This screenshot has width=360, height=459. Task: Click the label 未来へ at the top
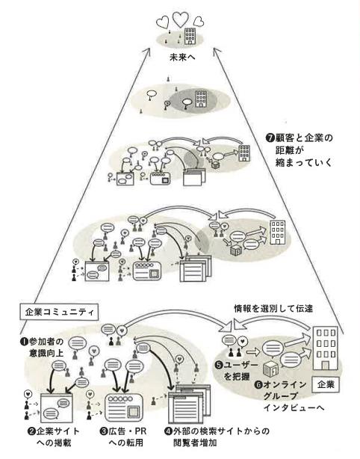tap(182, 57)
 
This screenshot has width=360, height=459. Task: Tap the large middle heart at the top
tap(181, 19)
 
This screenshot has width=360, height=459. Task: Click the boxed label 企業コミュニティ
tap(59, 312)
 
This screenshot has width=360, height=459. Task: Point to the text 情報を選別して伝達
tap(273, 309)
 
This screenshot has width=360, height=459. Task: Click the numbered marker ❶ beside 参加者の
tap(24, 342)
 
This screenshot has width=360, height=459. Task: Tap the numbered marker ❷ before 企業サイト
tap(31, 431)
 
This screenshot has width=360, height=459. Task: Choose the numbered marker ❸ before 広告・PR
tap(104, 431)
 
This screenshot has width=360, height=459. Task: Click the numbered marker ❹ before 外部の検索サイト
tap(169, 431)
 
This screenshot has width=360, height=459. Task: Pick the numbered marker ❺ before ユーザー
tap(219, 365)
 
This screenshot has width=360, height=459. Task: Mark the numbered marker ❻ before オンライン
tap(258, 385)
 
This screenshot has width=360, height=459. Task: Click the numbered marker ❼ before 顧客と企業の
tap(270, 138)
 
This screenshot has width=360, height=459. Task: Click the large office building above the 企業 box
tap(325, 348)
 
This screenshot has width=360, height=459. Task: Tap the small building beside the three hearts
tap(190, 36)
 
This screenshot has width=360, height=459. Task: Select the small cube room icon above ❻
tap(270, 369)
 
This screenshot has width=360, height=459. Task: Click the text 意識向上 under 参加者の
tap(46, 353)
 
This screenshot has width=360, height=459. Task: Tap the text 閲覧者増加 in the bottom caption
tap(195, 443)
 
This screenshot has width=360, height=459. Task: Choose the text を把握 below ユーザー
tap(237, 377)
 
